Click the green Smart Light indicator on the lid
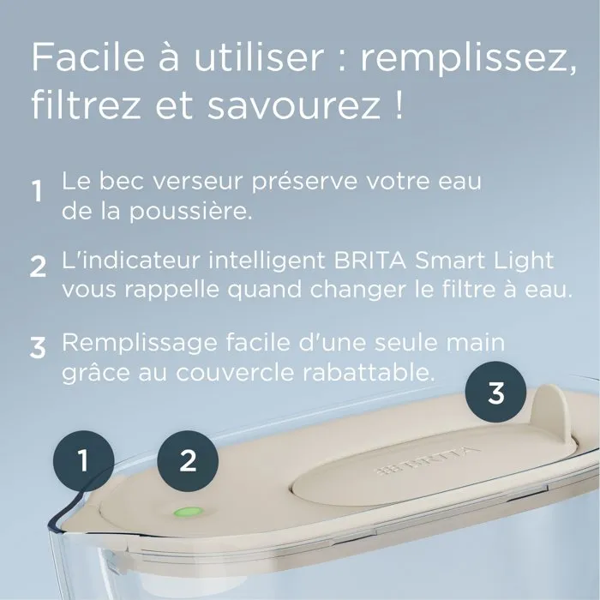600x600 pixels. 185,513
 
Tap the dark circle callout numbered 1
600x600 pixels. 82,462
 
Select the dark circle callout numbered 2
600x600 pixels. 188,460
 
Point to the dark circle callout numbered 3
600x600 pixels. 495,393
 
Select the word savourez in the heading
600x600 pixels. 293,108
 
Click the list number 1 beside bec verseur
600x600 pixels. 37,191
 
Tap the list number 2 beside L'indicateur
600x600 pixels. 37,267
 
